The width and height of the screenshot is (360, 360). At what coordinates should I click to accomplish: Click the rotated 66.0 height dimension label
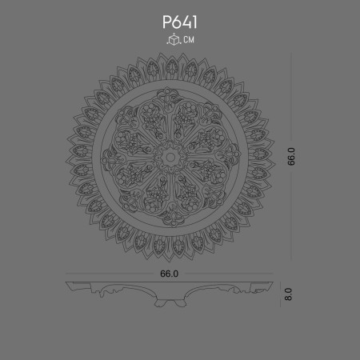click(x=292, y=156)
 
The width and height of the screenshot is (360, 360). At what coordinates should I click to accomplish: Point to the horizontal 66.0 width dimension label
click(x=169, y=273)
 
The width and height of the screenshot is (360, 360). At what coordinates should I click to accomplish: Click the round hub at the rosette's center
click(x=169, y=157)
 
